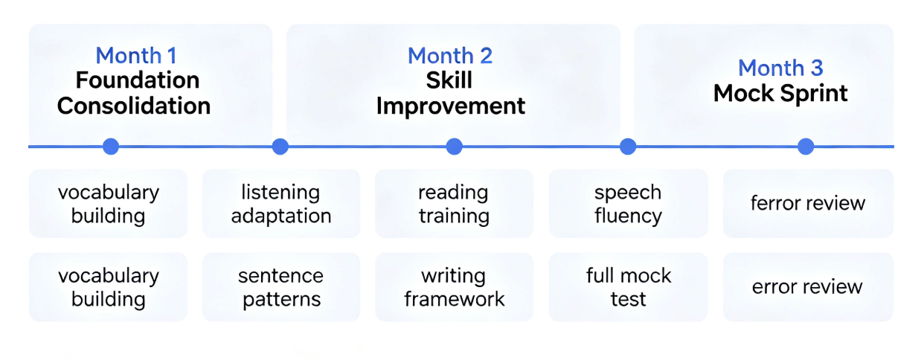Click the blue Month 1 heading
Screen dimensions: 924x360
[136, 55]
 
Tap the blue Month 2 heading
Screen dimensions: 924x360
[450, 55]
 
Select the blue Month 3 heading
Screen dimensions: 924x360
[780, 68]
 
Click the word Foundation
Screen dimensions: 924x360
[138, 80]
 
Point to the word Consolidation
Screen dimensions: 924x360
[134, 106]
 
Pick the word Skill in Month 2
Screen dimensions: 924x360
[449, 80]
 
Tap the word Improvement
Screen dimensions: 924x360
[450, 106]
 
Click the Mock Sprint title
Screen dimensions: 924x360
[780, 93]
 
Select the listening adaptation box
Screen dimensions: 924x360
[281, 203]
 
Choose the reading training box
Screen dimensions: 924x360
[454, 203]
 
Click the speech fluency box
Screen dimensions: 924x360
[628, 203]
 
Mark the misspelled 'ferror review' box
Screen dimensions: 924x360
[808, 203]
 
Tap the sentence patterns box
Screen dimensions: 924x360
[281, 287]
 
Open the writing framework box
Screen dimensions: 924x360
[454, 287]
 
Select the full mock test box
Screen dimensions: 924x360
[628, 287]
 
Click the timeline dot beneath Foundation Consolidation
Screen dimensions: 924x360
[111, 147]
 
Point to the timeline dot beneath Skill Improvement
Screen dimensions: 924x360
[454, 147]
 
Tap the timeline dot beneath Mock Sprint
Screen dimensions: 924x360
[806, 147]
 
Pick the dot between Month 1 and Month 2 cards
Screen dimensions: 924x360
[280, 147]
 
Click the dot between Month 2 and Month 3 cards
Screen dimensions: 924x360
[628, 147]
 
